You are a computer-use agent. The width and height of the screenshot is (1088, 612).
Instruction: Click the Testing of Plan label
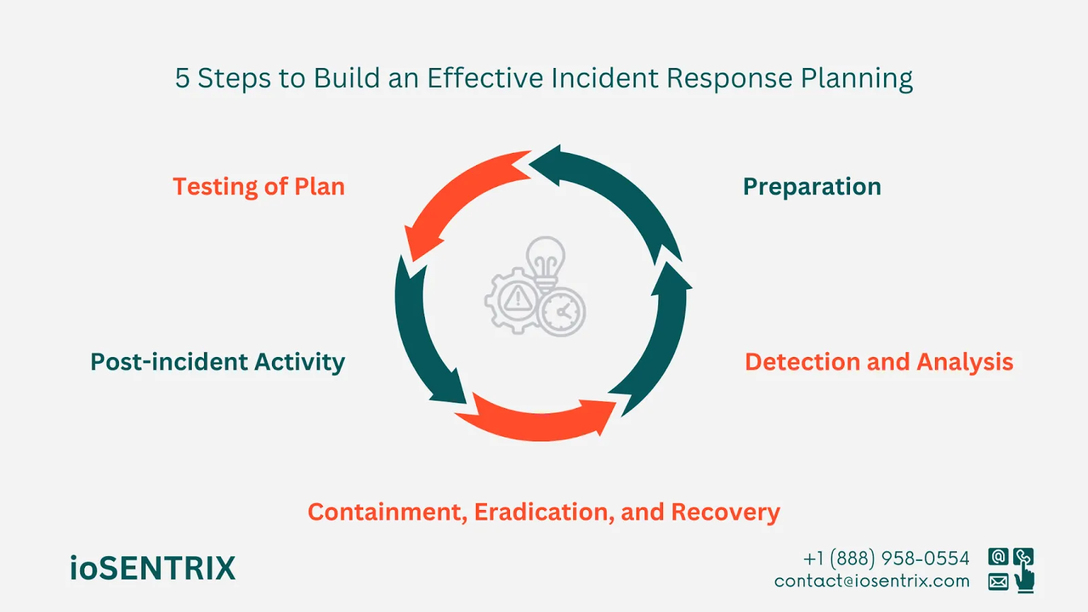[258, 187]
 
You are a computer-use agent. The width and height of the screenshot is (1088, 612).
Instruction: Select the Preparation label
[811, 187]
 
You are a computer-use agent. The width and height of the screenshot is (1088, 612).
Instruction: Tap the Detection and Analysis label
[879, 362]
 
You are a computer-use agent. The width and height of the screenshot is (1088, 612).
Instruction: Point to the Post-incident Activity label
[218, 362]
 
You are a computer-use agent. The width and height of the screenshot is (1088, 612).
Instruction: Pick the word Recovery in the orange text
[725, 512]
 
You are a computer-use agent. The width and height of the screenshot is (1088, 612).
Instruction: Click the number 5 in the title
[182, 78]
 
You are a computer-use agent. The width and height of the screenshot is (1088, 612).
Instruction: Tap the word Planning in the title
[856, 80]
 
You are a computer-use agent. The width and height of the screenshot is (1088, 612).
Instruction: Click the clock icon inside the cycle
[562, 312]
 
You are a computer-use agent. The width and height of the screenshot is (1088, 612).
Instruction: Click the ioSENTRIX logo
[152, 568]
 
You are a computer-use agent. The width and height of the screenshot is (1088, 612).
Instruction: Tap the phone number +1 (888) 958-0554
[886, 558]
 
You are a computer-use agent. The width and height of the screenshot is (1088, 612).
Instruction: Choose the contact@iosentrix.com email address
[872, 581]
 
